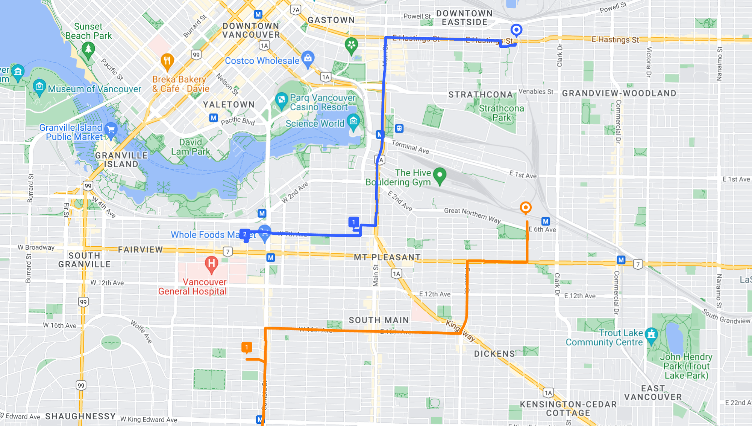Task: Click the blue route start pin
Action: point(516,30)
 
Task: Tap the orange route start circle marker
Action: point(526,208)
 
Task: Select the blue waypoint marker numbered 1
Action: point(353,222)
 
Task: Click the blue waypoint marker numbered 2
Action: point(245,234)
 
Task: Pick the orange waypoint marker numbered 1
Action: point(247,347)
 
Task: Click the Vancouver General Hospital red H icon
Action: point(211,263)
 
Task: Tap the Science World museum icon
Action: point(353,121)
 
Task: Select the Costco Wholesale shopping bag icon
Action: point(308,58)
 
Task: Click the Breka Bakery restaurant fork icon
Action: point(167,61)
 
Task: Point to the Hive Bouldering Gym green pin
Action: point(440,175)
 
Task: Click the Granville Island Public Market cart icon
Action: point(111,130)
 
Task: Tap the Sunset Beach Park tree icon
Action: point(88,49)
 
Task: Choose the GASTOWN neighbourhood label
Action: point(331,20)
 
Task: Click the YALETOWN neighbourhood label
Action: point(229,104)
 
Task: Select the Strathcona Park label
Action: point(501,113)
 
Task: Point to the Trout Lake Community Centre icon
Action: point(651,334)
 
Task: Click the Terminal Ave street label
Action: point(410,147)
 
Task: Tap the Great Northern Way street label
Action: point(472,215)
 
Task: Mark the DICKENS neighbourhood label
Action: point(494,354)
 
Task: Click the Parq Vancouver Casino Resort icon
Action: point(281,100)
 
